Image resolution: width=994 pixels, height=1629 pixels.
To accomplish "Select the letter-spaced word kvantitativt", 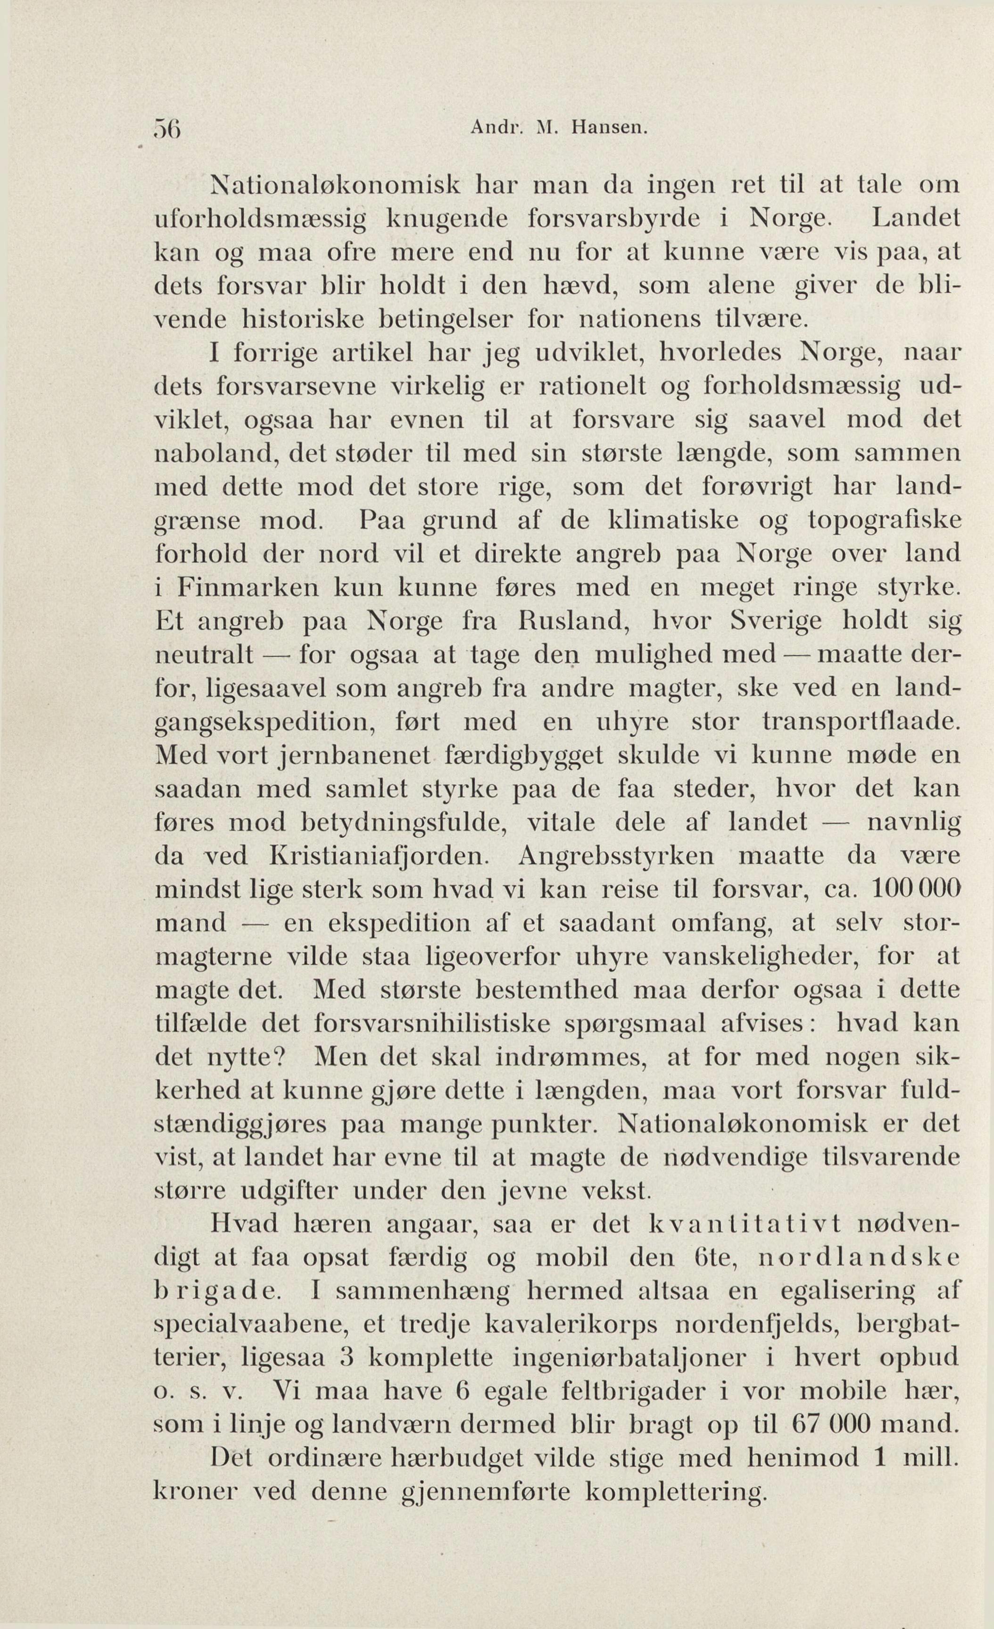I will pos(744,1225).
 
